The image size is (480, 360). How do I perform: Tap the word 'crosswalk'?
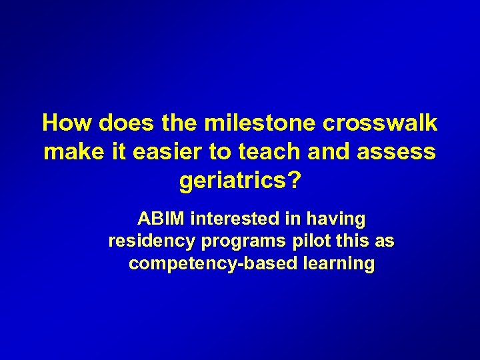click(379, 123)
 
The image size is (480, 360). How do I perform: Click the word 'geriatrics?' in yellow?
click(240, 180)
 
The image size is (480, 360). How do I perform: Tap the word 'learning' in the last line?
click(338, 263)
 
